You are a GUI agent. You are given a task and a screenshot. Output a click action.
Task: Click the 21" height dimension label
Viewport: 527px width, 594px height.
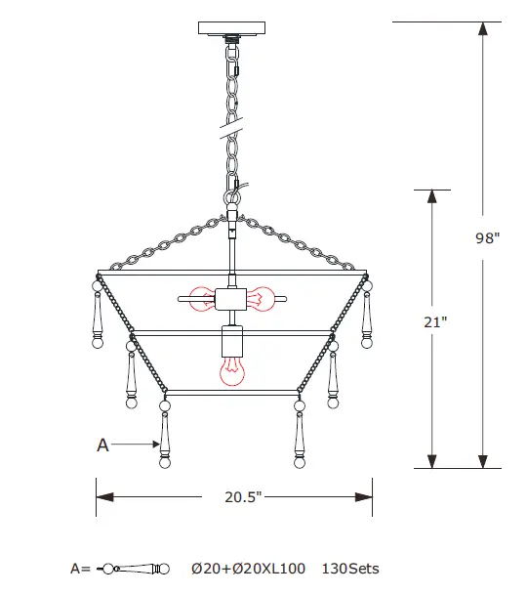tap(437, 323)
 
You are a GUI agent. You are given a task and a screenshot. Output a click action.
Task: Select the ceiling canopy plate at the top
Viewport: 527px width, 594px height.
tap(231, 27)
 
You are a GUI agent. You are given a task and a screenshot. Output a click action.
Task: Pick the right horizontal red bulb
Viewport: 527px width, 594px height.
tap(262, 297)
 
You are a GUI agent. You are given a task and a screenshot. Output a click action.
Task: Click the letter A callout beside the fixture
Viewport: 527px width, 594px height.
tap(102, 445)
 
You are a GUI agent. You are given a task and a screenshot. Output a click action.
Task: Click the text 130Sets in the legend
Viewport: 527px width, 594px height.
tap(350, 569)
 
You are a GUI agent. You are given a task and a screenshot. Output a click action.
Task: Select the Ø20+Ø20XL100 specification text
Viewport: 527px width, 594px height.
tap(248, 569)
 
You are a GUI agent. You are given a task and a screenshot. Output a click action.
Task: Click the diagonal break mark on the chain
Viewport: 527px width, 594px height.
tap(231, 123)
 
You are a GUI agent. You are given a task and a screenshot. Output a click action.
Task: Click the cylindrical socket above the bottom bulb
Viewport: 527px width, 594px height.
tap(231, 342)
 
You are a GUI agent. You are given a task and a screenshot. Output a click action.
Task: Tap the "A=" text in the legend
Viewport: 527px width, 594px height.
tap(81, 569)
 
